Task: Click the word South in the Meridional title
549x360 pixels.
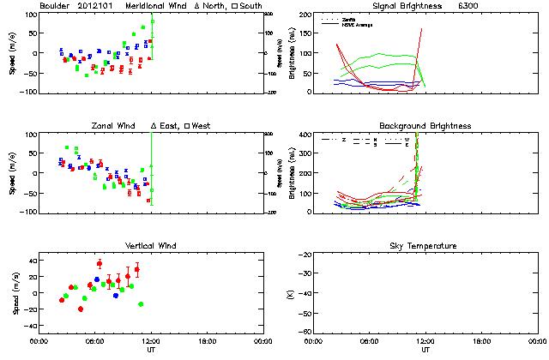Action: coord(251,6)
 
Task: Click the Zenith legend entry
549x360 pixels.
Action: coord(346,18)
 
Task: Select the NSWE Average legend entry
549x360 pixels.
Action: coord(353,23)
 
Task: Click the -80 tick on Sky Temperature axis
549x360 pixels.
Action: coord(305,332)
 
